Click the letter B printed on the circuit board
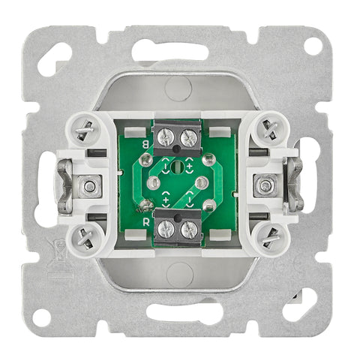145,144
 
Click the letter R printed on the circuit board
146,222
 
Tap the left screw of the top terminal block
165,137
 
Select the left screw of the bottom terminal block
165,229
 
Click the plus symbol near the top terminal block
189,165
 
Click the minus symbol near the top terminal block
166,165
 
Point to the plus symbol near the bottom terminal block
166,200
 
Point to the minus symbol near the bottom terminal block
190,200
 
